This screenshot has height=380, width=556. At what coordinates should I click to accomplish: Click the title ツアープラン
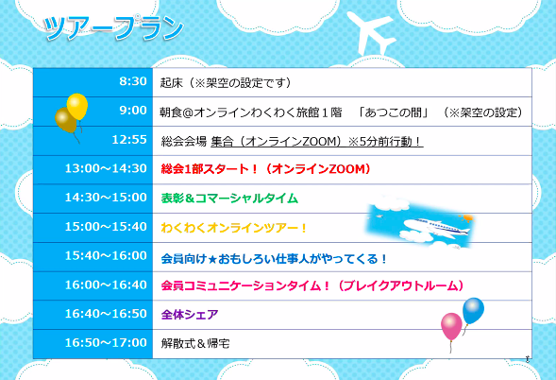[x=113, y=28]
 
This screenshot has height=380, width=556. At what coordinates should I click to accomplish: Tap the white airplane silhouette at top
[x=371, y=33]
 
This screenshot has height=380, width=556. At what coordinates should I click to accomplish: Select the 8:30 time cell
[x=93, y=82]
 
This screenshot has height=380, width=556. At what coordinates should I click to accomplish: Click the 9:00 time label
[x=133, y=111]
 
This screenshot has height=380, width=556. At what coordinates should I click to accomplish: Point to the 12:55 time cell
[x=93, y=141]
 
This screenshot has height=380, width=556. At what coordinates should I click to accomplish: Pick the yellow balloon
[x=77, y=106]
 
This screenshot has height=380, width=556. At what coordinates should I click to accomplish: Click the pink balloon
[x=451, y=326]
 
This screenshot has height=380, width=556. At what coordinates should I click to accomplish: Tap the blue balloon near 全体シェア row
[x=473, y=311]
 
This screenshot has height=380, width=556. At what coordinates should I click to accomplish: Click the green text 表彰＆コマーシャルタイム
[x=229, y=199]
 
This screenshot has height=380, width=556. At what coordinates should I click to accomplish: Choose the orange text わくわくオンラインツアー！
[x=234, y=228]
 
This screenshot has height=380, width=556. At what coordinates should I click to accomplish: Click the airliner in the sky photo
[x=435, y=227]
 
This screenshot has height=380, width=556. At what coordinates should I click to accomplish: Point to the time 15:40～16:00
[x=106, y=256]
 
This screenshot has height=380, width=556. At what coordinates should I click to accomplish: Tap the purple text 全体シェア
[x=190, y=315]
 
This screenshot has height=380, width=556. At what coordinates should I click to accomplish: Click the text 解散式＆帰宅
[x=195, y=343]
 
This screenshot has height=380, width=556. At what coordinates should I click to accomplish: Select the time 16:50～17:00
[x=106, y=343]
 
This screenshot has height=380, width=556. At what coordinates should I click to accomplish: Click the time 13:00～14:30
[x=106, y=168]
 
